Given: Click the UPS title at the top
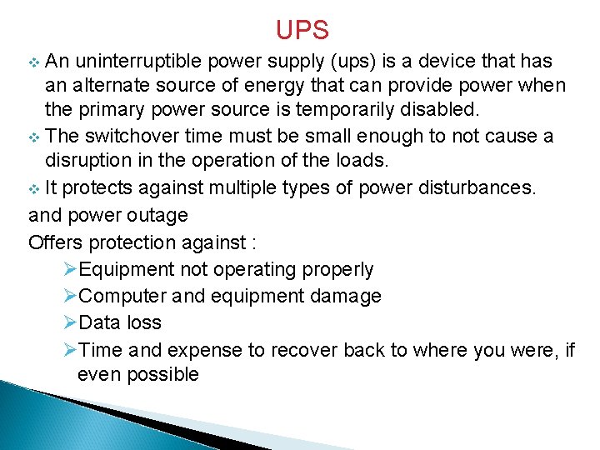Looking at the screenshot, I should pos(302,30).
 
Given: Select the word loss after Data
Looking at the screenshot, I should pos(145,322).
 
